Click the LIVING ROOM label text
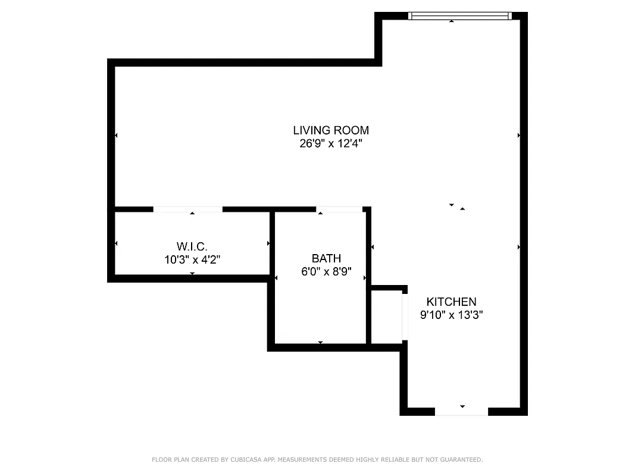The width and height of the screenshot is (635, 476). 331,130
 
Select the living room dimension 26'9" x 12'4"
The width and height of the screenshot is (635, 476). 331,143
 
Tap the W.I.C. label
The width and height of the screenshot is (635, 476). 192,246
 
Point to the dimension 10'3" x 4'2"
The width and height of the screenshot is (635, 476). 192,259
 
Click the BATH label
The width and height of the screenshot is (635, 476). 326,258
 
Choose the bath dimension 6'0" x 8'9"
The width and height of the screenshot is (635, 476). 326,272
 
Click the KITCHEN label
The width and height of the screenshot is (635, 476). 451,302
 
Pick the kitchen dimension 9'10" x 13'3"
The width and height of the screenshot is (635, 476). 451,315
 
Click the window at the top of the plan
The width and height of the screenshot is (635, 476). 459,16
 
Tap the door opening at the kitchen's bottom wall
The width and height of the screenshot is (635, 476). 461,411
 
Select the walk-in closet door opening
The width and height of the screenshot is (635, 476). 188,209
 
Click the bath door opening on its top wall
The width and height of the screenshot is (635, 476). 339,209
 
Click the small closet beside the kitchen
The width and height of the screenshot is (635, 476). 387,317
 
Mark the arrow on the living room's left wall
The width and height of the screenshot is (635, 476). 116,136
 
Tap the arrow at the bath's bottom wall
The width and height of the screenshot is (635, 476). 320,342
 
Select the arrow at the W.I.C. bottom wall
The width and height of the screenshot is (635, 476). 192,273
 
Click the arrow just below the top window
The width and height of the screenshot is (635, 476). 452,21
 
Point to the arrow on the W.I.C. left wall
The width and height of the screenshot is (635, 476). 116,243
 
